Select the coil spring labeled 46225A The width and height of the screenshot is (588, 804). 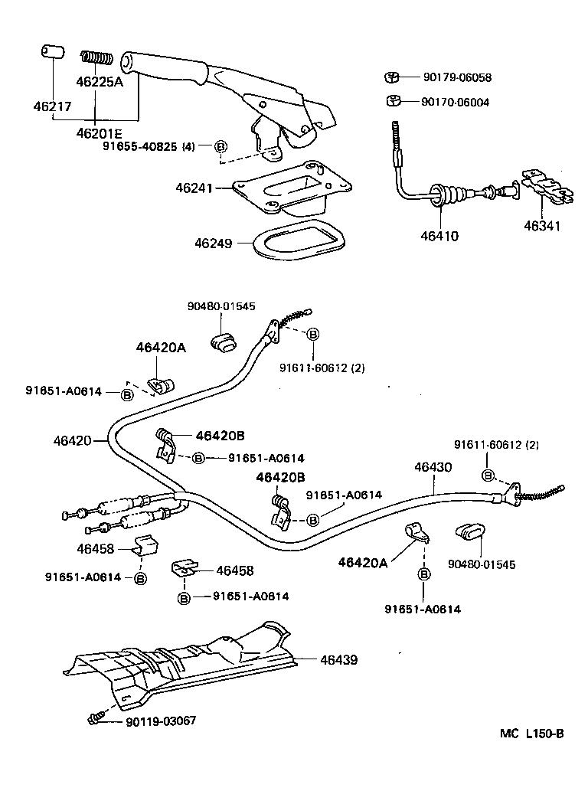click(x=98, y=57)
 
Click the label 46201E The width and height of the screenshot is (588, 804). click(x=100, y=132)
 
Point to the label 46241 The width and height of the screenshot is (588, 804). click(x=192, y=187)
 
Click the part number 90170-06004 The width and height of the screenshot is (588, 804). click(x=456, y=102)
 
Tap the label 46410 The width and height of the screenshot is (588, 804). click(x=439, y=237)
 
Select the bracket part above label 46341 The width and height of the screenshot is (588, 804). click(x=547, y=186)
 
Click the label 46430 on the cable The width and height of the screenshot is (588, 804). click(x=433, y=466)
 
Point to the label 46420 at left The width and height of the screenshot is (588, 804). click(x=72, y=440)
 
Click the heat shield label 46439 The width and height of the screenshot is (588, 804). click(x=338, y=659)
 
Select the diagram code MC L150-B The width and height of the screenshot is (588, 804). click(x=532, y=733)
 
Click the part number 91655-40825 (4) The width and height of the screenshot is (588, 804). click(x=149, y=147)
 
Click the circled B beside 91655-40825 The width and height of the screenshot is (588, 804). click(x=220, y=147)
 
